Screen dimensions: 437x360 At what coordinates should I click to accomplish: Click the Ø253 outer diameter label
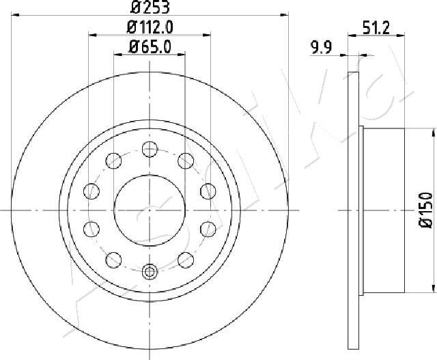(x=150, y=8)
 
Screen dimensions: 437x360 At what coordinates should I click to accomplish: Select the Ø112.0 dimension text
(x=150, y=27)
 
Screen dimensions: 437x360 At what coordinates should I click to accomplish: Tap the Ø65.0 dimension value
(x=150, y=46)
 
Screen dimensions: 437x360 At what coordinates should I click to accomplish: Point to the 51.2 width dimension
(x=376, y=28)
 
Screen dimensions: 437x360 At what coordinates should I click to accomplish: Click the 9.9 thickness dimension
(x=322, y=47)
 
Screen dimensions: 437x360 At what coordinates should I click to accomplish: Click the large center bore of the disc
(x=150, y=210)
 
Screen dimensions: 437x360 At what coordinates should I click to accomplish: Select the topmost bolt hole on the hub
(x=150, y=149)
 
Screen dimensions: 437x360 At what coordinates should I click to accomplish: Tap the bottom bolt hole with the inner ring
(x=150, y=271)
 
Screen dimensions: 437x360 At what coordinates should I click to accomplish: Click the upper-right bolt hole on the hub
(x=186, y=161)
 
